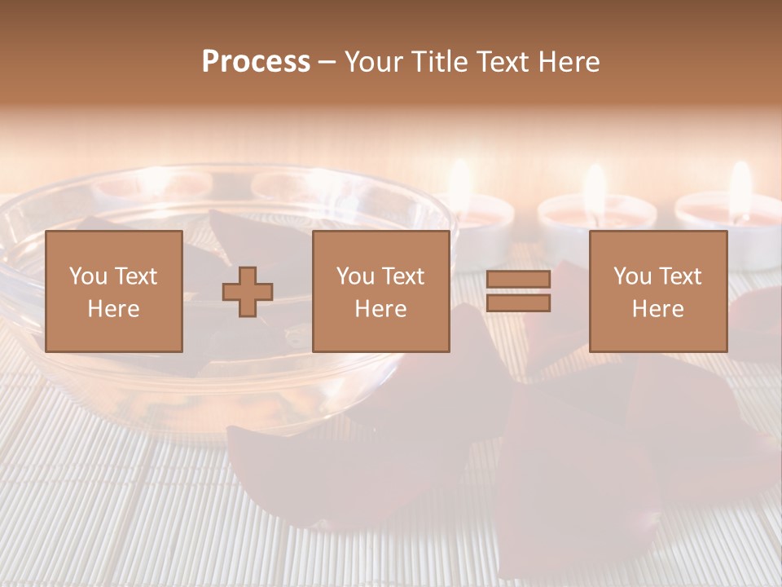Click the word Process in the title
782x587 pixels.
(256, 62)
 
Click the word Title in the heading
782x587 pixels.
(439, 62)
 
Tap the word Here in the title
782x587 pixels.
(569, 62)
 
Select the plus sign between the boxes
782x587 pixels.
(248, 292)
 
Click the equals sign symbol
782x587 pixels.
(518, 292)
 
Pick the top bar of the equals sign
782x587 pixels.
(518, 280)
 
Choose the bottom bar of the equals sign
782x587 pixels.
(518, 303)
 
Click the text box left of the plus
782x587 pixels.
(113, 292)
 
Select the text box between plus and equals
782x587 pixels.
(381, 292)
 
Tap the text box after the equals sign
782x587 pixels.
(658, 292)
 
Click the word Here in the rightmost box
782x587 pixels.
(658, 309)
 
